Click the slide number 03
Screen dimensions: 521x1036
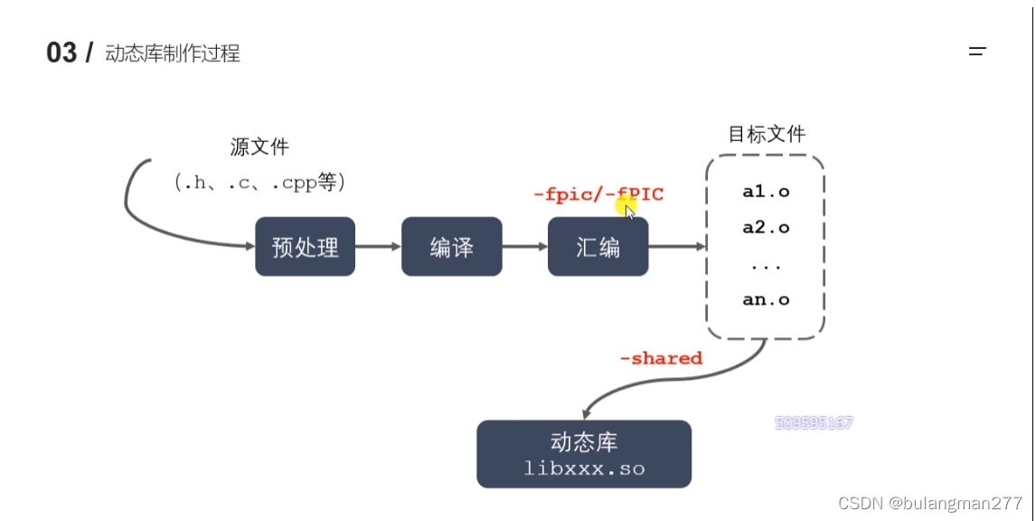point(61,52)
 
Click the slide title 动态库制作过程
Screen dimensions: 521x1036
point(173,53)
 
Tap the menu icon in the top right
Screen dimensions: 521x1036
point(976,52)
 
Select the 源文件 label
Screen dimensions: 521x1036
point(260,147)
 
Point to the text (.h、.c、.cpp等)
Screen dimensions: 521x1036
point(260,182)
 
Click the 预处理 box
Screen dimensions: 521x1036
point(305,247)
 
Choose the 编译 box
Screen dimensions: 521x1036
point(451,247)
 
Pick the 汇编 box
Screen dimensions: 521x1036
point(598,247)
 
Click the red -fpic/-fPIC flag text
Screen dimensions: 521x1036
point(598,194)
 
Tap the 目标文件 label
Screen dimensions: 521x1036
point(767,135)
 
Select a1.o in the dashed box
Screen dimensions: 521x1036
point(766,192)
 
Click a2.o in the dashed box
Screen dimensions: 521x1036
point(766,227)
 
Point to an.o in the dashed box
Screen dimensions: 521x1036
point(766,299)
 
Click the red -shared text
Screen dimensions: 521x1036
point(661,358)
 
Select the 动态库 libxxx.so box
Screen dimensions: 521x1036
point(584,454)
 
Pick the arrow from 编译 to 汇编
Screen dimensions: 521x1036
point(524,246)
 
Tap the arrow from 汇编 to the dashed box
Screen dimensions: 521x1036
point(676,246)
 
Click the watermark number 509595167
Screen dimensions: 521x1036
point(814,422)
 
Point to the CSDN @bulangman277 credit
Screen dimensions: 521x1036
point(930,503)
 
